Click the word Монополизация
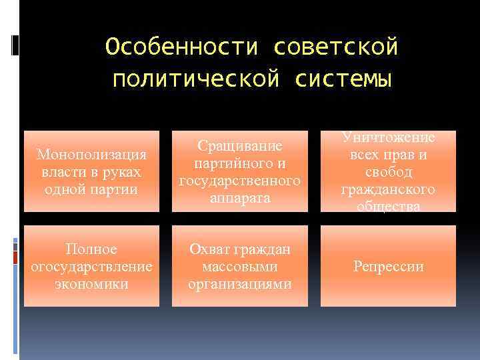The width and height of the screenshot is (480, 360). [91, 155]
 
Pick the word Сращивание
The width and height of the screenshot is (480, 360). [239, 146]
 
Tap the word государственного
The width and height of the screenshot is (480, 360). [240, 181]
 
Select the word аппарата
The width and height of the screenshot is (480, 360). [240, 198]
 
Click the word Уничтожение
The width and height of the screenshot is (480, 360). [388, 137]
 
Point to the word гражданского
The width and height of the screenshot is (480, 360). [388, 190]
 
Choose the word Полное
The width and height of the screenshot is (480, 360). [91, 249]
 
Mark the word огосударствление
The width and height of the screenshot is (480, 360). [91, 267]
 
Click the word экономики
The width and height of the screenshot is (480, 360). [91, 284]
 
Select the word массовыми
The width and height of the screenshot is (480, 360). [240, 267]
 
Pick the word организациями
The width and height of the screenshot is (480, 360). [240, 284]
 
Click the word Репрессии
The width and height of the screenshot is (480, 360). [388, 267]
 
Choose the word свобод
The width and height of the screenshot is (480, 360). [388, 173]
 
